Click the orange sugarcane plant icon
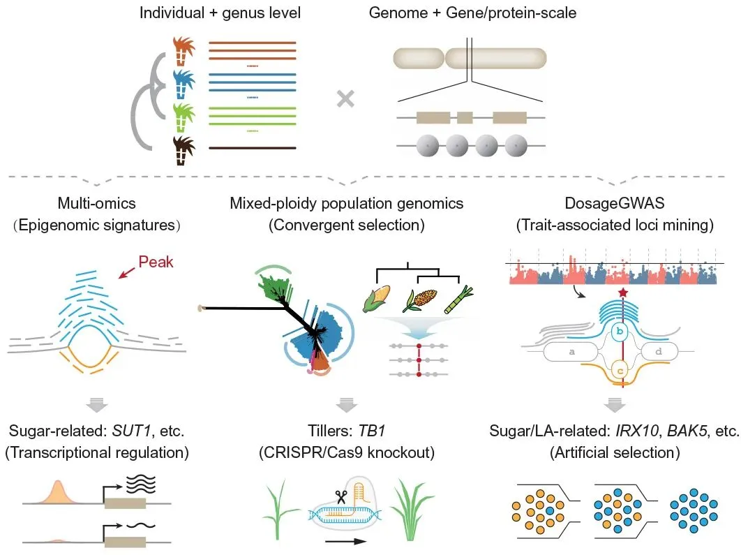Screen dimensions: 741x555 coord(184,50)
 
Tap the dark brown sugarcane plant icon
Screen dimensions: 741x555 coord(184,150)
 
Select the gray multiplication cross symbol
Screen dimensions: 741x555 coord(345,99)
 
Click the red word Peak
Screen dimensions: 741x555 coord(156,262)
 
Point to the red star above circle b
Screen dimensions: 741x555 coord(623,293)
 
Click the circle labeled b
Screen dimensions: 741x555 coord(620,332)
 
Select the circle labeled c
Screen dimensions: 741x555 coord(620,370)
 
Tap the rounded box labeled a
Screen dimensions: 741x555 coord(572,352)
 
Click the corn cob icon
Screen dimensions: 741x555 coord(376,298)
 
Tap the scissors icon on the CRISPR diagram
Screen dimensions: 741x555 coord(340,497)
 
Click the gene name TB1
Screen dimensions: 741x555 coord(372,431)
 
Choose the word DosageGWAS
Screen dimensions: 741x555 coord(614,203)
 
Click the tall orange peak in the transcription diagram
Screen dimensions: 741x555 coord(58,492)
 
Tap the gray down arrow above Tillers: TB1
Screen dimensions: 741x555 coord(346,405)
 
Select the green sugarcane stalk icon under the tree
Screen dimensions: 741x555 coord(458,299)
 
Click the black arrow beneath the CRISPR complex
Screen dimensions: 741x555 coord(345,542)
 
